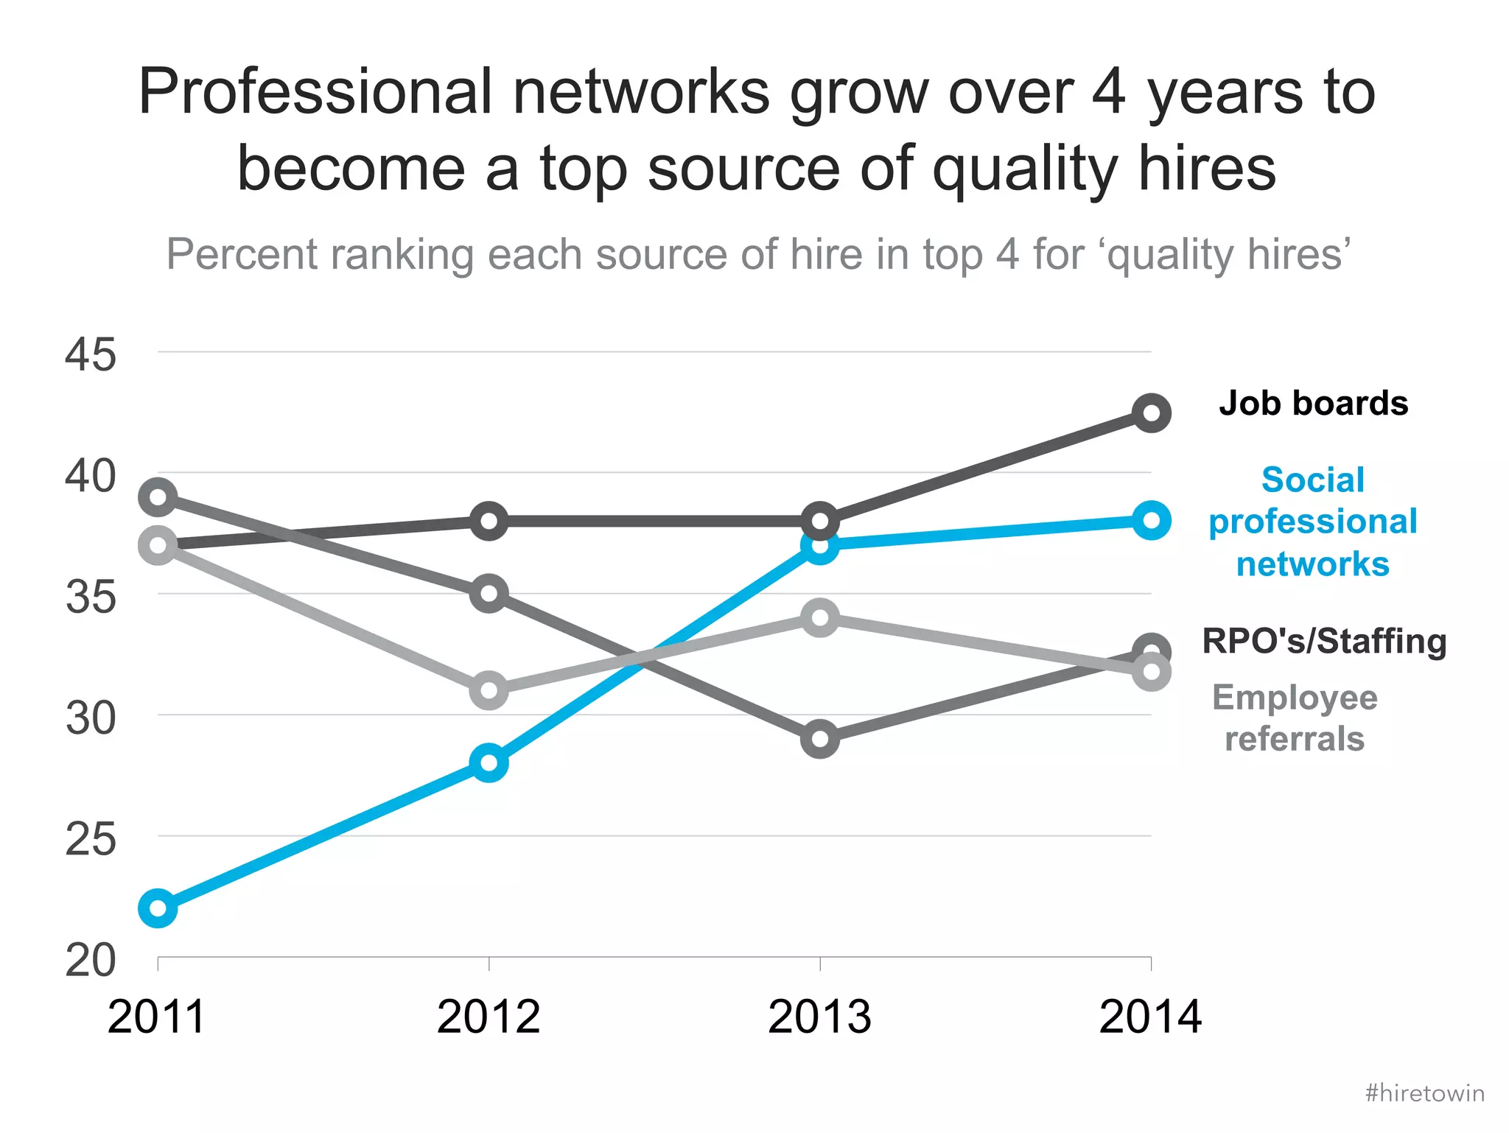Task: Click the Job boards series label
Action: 1313,404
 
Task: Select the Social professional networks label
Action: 1312,522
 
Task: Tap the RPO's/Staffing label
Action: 1324,641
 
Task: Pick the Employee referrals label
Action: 1295,718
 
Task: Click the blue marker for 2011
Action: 158,908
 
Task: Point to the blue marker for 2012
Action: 489,762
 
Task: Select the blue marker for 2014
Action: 1151,521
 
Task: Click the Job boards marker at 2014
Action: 1151,413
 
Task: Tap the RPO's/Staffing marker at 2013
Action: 819,738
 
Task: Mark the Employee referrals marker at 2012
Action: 489,690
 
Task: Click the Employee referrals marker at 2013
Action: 819,617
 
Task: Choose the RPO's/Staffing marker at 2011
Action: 158,497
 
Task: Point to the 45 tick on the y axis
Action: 90,355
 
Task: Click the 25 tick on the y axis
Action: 90,840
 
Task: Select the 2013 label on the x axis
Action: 819,1017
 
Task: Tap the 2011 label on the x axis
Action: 156,1017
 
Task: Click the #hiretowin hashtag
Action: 1424,1092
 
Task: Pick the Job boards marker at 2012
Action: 489,522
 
